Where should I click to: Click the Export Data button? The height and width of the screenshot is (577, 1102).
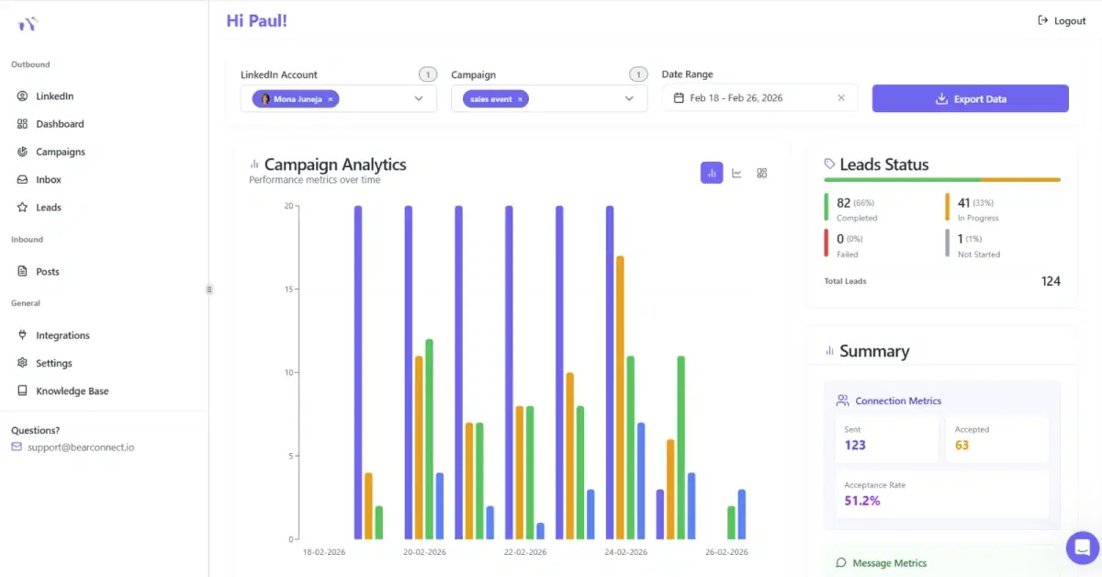970,99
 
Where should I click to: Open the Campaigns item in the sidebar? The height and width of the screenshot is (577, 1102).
60,152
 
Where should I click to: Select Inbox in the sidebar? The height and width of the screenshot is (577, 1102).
49,180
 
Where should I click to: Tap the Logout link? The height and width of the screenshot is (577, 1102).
1062,21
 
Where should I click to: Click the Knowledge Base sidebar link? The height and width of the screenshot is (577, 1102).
72,391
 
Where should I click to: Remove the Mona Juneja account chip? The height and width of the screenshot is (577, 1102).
331,99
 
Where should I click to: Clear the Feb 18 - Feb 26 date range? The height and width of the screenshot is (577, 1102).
841,98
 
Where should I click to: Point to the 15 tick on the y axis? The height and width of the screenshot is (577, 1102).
288,289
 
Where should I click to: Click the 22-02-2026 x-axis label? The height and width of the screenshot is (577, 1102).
525,552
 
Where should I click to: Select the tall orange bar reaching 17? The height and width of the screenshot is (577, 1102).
621,397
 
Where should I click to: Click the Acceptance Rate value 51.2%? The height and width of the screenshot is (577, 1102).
862,501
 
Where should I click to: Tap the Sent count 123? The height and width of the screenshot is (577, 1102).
855,446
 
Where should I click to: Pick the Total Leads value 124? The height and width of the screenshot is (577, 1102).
1051,281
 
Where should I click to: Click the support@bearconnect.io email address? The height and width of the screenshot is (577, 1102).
81,447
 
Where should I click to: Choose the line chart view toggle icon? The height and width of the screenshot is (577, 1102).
737,173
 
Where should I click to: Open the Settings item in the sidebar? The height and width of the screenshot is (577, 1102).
53,364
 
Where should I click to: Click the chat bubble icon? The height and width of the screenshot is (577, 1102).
1082,548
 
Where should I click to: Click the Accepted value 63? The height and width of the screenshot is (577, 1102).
961,446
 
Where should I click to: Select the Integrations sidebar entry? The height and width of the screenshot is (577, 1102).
62,336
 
